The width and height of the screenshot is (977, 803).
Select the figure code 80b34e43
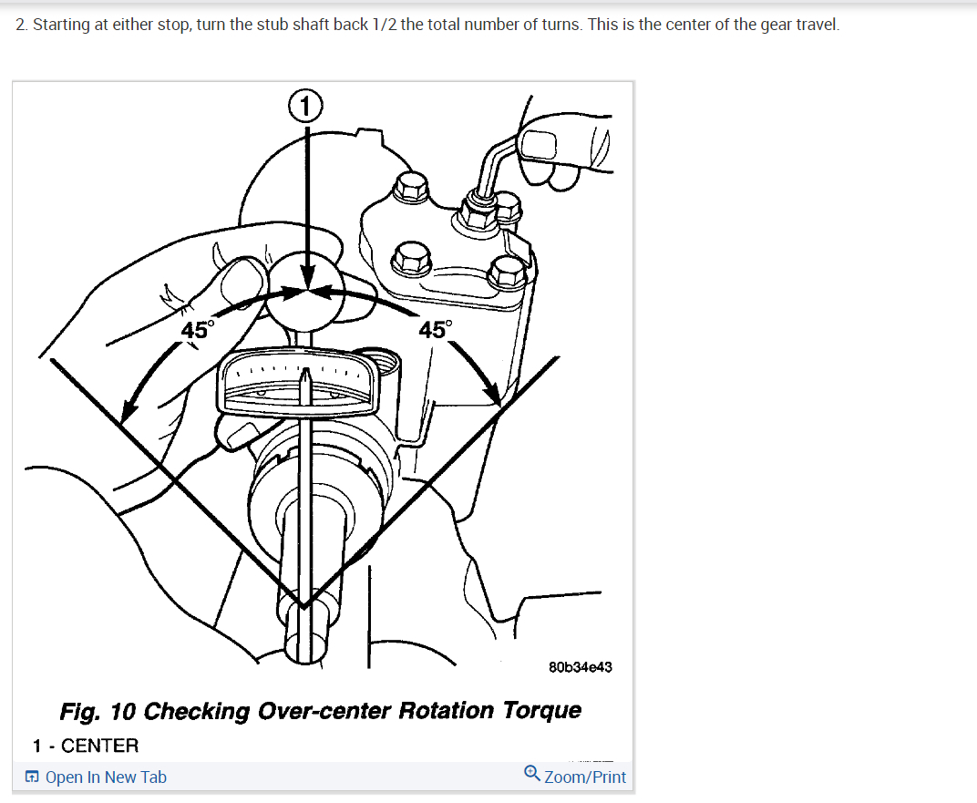click(x=581, y=666)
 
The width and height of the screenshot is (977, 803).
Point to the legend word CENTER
click(x=99, y=746)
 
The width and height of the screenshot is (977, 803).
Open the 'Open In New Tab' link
click(x=106, y=777)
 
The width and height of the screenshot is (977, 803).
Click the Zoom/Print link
click(x=585, y=777)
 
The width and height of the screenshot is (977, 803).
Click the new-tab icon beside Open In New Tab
click(x=32, y=777)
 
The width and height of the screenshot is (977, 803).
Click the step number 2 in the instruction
click(x=21, y=24)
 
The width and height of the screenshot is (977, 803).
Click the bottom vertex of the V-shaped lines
click(x=303, y=605)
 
